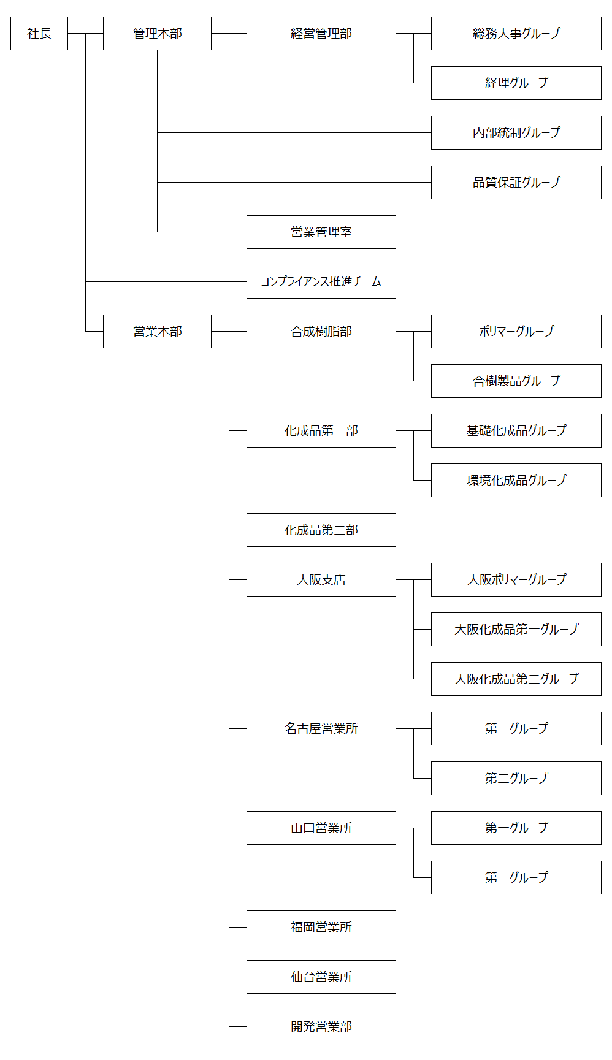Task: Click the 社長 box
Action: (x=39, y=34)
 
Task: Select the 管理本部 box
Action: (x=157, y=34)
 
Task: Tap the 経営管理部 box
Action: (x=321, y=34)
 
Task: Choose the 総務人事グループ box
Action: (x=516, y=34)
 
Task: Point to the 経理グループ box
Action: (x=516, y=83)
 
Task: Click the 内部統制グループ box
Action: (x=516, y=133)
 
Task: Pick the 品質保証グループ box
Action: (x=516, y=183)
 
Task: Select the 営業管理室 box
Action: (x=321, y=232)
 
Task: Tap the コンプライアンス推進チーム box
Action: (x=321, y=282)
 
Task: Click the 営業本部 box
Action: (x=157, y=332)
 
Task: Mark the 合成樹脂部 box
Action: (x=321, y=332)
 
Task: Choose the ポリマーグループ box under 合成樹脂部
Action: (x=516, y=332)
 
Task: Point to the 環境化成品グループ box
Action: (x=516, y=481)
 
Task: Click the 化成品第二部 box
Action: (x=321, y=530)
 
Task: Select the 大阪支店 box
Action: (x=321, y=580)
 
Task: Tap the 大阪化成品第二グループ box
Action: (x=516, y=679)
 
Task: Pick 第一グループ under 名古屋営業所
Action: (x=516, y=729)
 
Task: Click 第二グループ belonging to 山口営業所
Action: (x=516, y=878)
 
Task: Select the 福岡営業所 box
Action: (x=321, y=928)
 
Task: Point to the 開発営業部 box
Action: (x=321, y=1027)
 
